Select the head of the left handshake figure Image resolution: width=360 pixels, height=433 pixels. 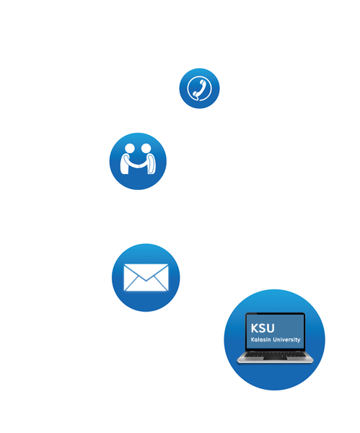click(129, 148)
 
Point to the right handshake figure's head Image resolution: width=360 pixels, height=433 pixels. click(146, 148)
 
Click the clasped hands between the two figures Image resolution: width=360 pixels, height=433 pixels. click(139, 166)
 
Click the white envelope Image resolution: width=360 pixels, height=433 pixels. click(146, 278)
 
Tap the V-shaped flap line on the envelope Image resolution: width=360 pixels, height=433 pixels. click(146, 280)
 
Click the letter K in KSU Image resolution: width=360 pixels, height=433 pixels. click(255, 328)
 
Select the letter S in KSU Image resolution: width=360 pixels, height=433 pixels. click(263, 328)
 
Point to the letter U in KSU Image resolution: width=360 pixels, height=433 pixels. click(271, 328)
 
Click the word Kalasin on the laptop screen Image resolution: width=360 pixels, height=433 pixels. click(260, 339)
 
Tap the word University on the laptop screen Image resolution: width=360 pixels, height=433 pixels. click(286, 340)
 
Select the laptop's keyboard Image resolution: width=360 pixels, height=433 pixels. click(275, 354)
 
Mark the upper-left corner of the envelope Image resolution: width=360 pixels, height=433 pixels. click(124, 264)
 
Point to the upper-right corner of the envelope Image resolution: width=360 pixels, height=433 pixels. click(168, 264)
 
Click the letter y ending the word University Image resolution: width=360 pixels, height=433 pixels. click(299, 340)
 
